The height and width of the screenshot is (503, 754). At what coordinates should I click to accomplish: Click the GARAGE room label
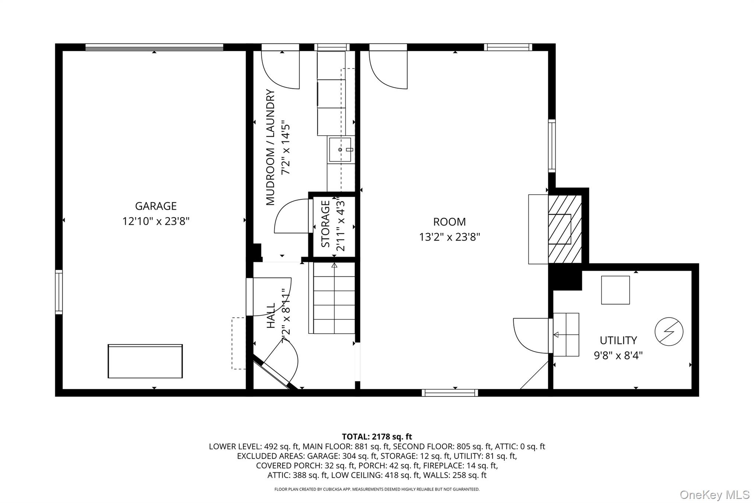156,206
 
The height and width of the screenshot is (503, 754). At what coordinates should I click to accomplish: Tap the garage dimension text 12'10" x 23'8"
156,221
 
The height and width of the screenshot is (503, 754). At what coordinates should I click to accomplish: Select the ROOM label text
449,222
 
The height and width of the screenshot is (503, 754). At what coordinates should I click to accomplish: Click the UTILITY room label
618,340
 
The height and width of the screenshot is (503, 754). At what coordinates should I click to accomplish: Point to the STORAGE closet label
325,224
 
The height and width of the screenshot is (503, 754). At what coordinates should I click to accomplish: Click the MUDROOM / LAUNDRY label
271,147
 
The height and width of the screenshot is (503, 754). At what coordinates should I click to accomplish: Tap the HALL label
271,315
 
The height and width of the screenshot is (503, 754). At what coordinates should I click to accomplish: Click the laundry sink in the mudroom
340,149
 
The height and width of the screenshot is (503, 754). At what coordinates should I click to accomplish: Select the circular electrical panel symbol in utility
669,331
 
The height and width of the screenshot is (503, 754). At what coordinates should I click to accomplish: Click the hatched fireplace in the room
564,229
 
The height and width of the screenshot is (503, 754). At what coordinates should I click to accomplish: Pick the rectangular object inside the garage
145,361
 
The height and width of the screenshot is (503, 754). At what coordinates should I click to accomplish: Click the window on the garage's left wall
59,292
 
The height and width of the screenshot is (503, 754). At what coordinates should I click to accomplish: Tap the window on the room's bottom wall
450,393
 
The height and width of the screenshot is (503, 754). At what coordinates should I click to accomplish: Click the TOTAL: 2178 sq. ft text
377,437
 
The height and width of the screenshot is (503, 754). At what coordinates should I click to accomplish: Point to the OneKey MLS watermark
714,495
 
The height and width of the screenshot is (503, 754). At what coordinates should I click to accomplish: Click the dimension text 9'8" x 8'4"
618,355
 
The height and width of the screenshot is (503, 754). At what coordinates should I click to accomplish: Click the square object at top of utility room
615,290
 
